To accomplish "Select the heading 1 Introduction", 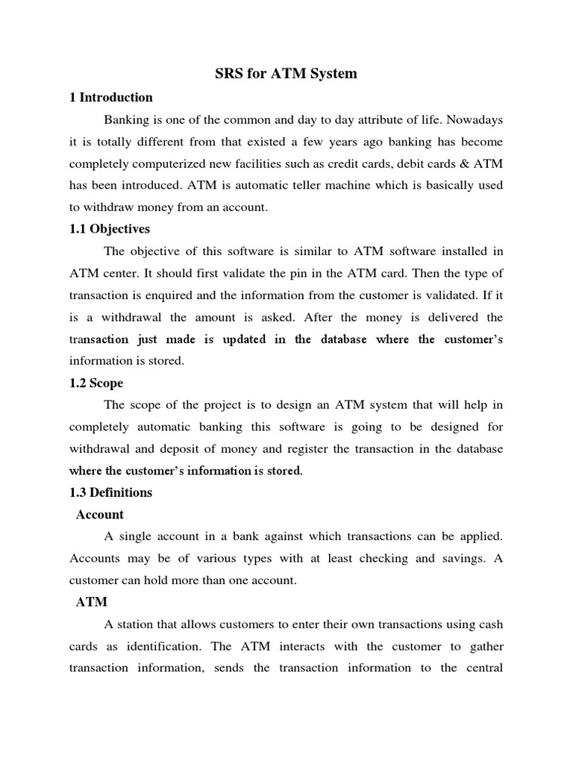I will tap(111, 97).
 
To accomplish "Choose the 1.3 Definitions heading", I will tap(110, 492).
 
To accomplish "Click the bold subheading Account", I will tap(100, 515).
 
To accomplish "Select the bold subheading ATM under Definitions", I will tap(92, 601).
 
